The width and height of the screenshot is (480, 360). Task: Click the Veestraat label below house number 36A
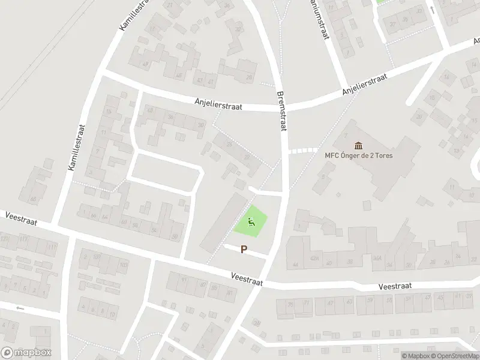click(394, 286)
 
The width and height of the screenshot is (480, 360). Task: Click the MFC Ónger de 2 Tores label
click(359, 155)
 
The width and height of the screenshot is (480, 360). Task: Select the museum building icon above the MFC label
click(359, 145)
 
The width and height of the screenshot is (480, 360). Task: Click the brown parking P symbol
click(244, 249)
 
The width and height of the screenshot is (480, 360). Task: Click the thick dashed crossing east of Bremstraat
click(302, 151)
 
